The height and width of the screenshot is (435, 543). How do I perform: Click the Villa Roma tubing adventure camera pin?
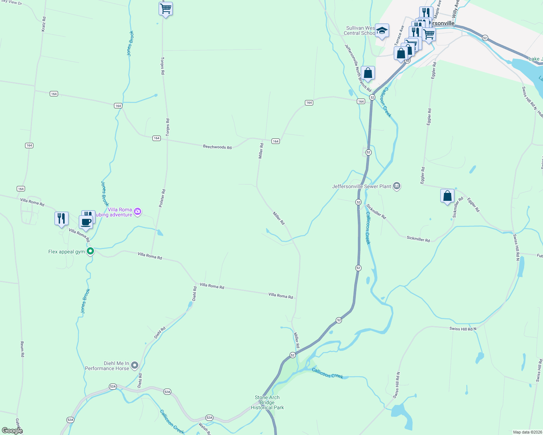(138, 211)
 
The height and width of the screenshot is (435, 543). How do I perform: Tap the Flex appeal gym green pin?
(90, 251)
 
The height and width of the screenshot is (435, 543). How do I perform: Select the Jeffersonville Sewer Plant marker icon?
(397, 186)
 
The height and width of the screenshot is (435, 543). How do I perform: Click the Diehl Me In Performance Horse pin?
(135, 365)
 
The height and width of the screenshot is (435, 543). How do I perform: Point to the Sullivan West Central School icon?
(382, 31)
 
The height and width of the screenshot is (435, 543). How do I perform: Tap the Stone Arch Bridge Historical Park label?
(268, 402)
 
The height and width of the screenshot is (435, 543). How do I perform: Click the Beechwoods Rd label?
(217, 147)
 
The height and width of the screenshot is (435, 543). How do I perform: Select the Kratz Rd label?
(44, 23)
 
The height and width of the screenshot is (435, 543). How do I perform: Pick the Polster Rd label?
(162, 198)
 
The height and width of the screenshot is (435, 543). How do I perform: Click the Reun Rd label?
(22, 349)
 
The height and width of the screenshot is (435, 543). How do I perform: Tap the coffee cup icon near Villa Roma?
(86, 222)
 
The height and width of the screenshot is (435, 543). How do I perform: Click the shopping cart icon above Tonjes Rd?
(166, 8)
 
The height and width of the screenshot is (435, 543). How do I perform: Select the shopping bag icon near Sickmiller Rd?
(448, 196)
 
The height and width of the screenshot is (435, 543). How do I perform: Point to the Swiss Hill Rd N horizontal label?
(463, 329)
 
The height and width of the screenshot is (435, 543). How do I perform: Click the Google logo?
(12, 431)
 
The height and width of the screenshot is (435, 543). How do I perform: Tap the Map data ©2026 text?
(527, 432)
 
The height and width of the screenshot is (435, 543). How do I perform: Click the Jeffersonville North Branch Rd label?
(358, 68)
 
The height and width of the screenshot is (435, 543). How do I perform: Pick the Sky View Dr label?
(12, 2)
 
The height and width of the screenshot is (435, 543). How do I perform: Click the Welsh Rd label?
(204, 428)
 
